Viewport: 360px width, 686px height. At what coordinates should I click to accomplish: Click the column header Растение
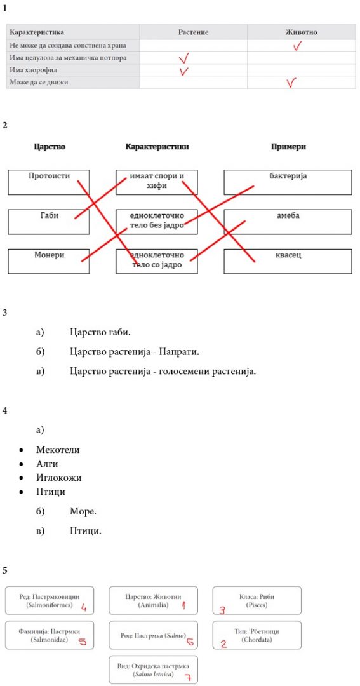[x=193, y=32]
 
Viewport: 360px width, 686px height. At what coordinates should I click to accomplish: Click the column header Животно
[x=302, y=32]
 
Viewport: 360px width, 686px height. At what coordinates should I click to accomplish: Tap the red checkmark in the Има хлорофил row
[x=185, y=70]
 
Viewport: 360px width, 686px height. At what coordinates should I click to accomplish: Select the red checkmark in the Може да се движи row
[x=291, y=82]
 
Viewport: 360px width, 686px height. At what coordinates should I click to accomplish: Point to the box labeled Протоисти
[x=48, y=182]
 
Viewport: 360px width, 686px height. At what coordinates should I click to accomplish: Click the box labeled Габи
[x=48, y=222]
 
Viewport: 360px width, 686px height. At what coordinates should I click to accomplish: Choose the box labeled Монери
[x=48, y=261]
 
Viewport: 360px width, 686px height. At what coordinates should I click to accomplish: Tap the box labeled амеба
[x=288, y=222]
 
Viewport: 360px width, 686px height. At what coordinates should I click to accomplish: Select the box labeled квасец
[x=288, y=261]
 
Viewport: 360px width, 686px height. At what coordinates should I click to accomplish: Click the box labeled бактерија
[x=288, y=182]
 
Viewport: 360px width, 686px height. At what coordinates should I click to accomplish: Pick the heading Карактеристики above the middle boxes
[x=157, y=147]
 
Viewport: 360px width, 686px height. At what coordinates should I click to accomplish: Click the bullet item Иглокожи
[x=58, y=478]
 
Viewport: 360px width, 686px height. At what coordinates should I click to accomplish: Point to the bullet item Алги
[x=47, y=464]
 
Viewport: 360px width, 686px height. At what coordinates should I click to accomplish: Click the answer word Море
[x=83, y=511]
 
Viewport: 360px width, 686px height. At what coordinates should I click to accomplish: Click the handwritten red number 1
[x=183, y=605]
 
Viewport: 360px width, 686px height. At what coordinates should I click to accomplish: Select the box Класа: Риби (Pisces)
[x=257, y=601]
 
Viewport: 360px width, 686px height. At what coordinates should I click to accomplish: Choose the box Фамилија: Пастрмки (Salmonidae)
[x=50, y=635]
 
